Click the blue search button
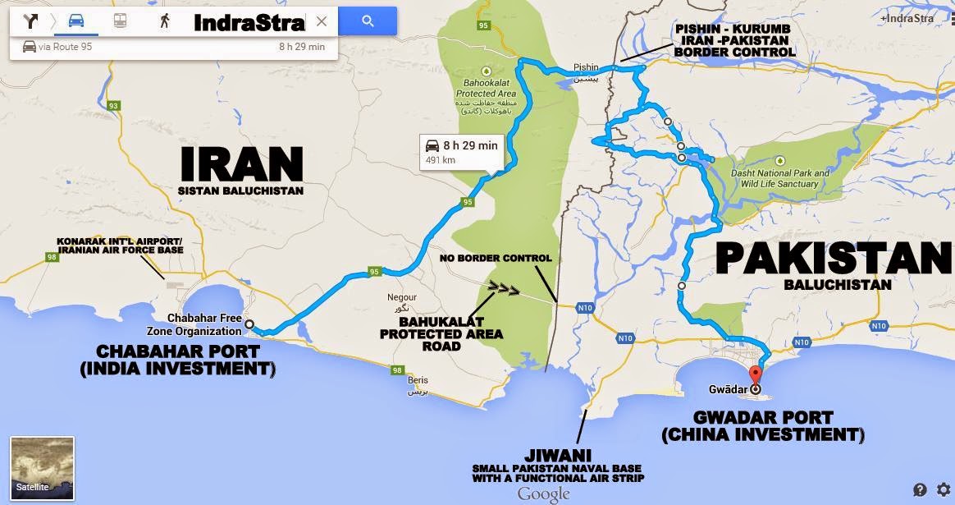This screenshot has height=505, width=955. pos(368,22)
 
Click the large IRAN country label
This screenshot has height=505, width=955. pos(241,165)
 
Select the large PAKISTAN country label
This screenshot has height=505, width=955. pos(833,259)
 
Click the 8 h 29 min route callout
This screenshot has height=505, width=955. pos(461,152)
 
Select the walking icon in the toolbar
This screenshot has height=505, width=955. pos(165,22)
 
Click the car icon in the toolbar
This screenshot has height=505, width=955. pos(76,22)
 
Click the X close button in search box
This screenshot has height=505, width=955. pos(322,22)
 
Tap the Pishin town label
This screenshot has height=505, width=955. pos(587,68)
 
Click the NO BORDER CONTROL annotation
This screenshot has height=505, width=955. pos(495,259)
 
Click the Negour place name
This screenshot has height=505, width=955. pos(401,296)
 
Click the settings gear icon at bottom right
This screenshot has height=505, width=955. pos(944,489)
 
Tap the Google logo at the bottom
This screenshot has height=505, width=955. pos(543,494)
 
